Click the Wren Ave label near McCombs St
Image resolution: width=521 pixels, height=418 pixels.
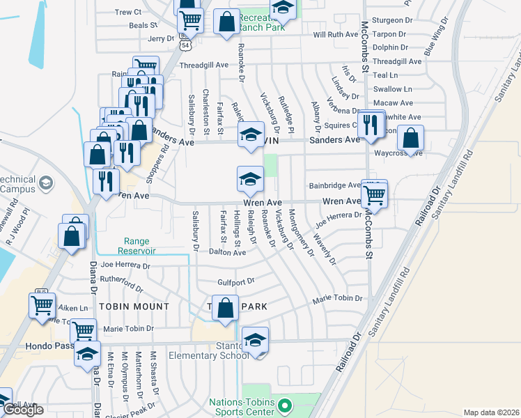(x=341, y=201)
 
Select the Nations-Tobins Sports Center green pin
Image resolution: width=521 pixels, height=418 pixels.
(x=283, y=404)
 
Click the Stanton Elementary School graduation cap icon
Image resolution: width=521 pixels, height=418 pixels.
(x=256, y=340)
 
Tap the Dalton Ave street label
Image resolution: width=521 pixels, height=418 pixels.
(x=228, y=253)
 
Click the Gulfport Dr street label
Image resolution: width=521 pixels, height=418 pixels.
(x=236, y=281)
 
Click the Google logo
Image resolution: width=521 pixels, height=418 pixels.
(x=23, y=410)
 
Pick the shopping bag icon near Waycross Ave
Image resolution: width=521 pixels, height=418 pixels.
(x=412, y=138)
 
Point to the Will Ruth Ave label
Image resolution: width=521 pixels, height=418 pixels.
(x=336, y=34)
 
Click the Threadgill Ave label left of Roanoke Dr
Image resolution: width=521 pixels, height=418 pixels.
(x=204, y=65)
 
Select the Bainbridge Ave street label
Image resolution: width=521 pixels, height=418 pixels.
(x=335, y=185)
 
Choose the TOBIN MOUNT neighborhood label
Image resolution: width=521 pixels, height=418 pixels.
(x=134, y=307)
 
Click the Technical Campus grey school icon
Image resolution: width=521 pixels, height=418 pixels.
(x=46, y=183)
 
